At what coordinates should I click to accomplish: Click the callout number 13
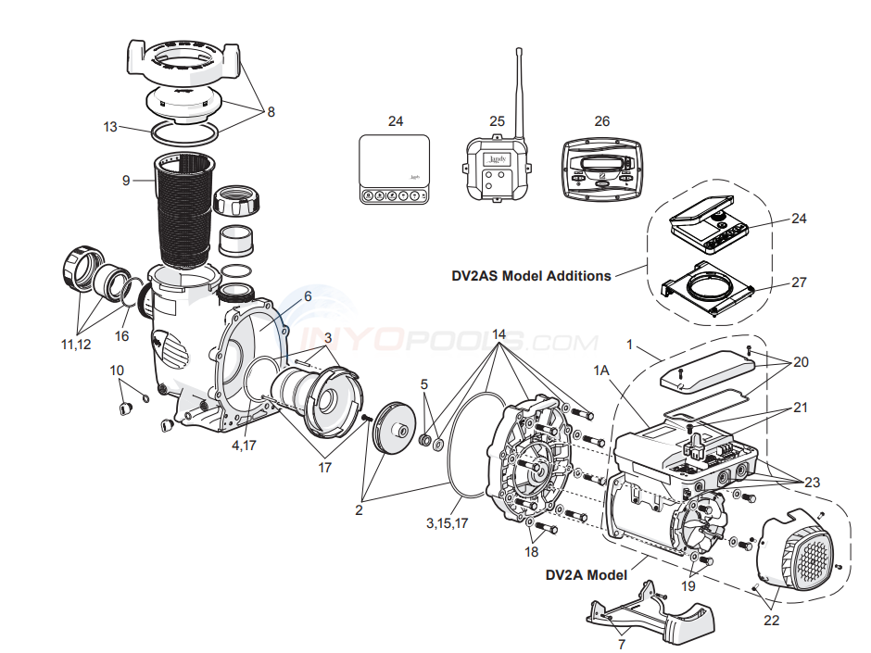pyautogui.click(x=110, y=127)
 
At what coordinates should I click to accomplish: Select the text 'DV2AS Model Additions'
pyautogui.click(x=531, y=275)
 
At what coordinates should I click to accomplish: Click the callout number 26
pyautogui.click(x=602, y=120)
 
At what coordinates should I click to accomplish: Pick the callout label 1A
pyautogui.click(x=602, y=370)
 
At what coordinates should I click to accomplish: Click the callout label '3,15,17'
pyautogui.click(x=448, y=523)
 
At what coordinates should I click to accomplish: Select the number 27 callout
pyautogui.click(x=799, y=282)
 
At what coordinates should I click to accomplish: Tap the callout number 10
pyautogui.click(x=117, y=370)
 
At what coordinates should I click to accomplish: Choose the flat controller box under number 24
pyautogui.click(x=395, y=168)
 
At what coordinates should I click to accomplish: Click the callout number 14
pyautogui.click(x=499, y=333)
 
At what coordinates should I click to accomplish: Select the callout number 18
pyautogui.click(x=531, y=552)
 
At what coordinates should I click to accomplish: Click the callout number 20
pyautogui.click(x=801, y=362)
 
